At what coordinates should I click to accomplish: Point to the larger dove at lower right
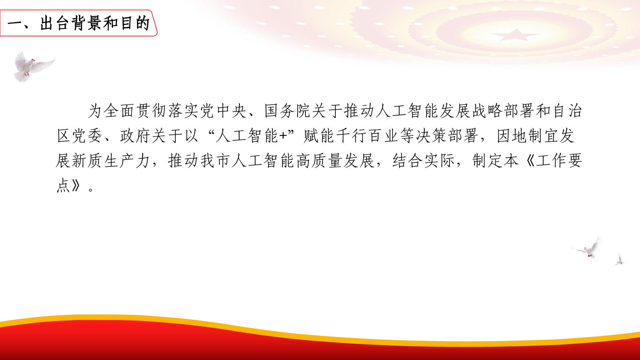(588, 248)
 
